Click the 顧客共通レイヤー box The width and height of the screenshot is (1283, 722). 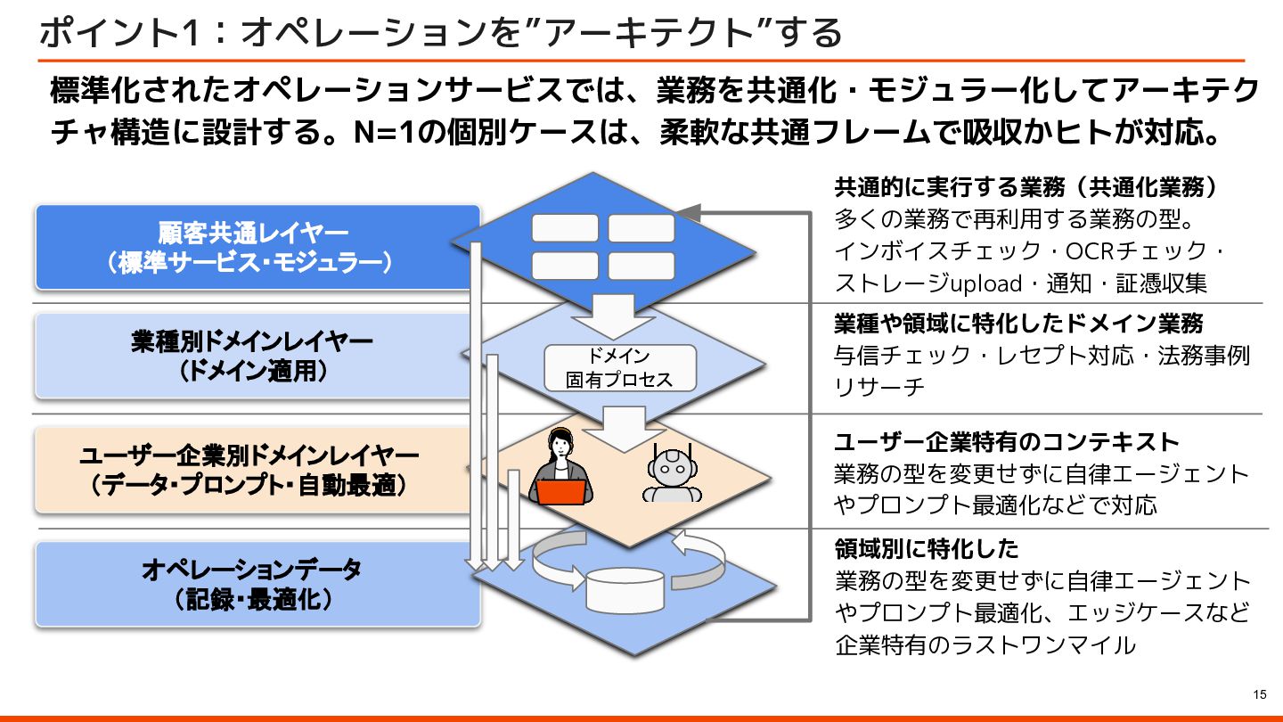click(x=257, y=247)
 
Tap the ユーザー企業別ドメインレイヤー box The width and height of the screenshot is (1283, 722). click(x=251, y=470)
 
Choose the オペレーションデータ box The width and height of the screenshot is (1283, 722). click(x=257, y=584)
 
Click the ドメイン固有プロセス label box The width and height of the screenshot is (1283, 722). click(x=620, y=368)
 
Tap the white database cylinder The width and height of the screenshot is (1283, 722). click(x=625, y=588)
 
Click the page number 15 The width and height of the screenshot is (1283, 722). click(x=1259, y=695)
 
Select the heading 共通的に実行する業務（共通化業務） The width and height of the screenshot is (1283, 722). click(x=1026, y=188)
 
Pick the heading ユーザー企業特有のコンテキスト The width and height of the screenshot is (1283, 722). click(x=1006, y=442)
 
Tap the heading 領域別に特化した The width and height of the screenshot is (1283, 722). click(x=926, y=547)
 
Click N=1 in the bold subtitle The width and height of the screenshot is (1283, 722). click(x=384, y=133)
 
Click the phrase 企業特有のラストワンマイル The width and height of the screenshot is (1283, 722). click(x=985, y=644)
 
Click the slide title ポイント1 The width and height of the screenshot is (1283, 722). click(x=121, y=33)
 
